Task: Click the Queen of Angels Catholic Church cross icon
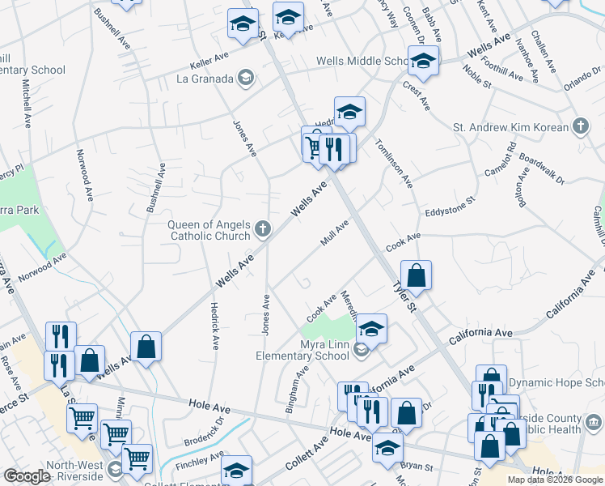[x=262, y=229]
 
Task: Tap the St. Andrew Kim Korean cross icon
[x=580, y=126]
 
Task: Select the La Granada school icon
[x=246, y=79]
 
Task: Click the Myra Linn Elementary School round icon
[x=362, y=349]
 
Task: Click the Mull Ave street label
[x=334, y=232]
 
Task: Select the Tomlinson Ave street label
[x=394, y=163]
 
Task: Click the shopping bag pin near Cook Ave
[x=416, y=275]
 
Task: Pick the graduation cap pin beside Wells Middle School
[x=422, y=60]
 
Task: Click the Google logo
[x=27, y=476]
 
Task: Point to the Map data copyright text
[x=555, y=480]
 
